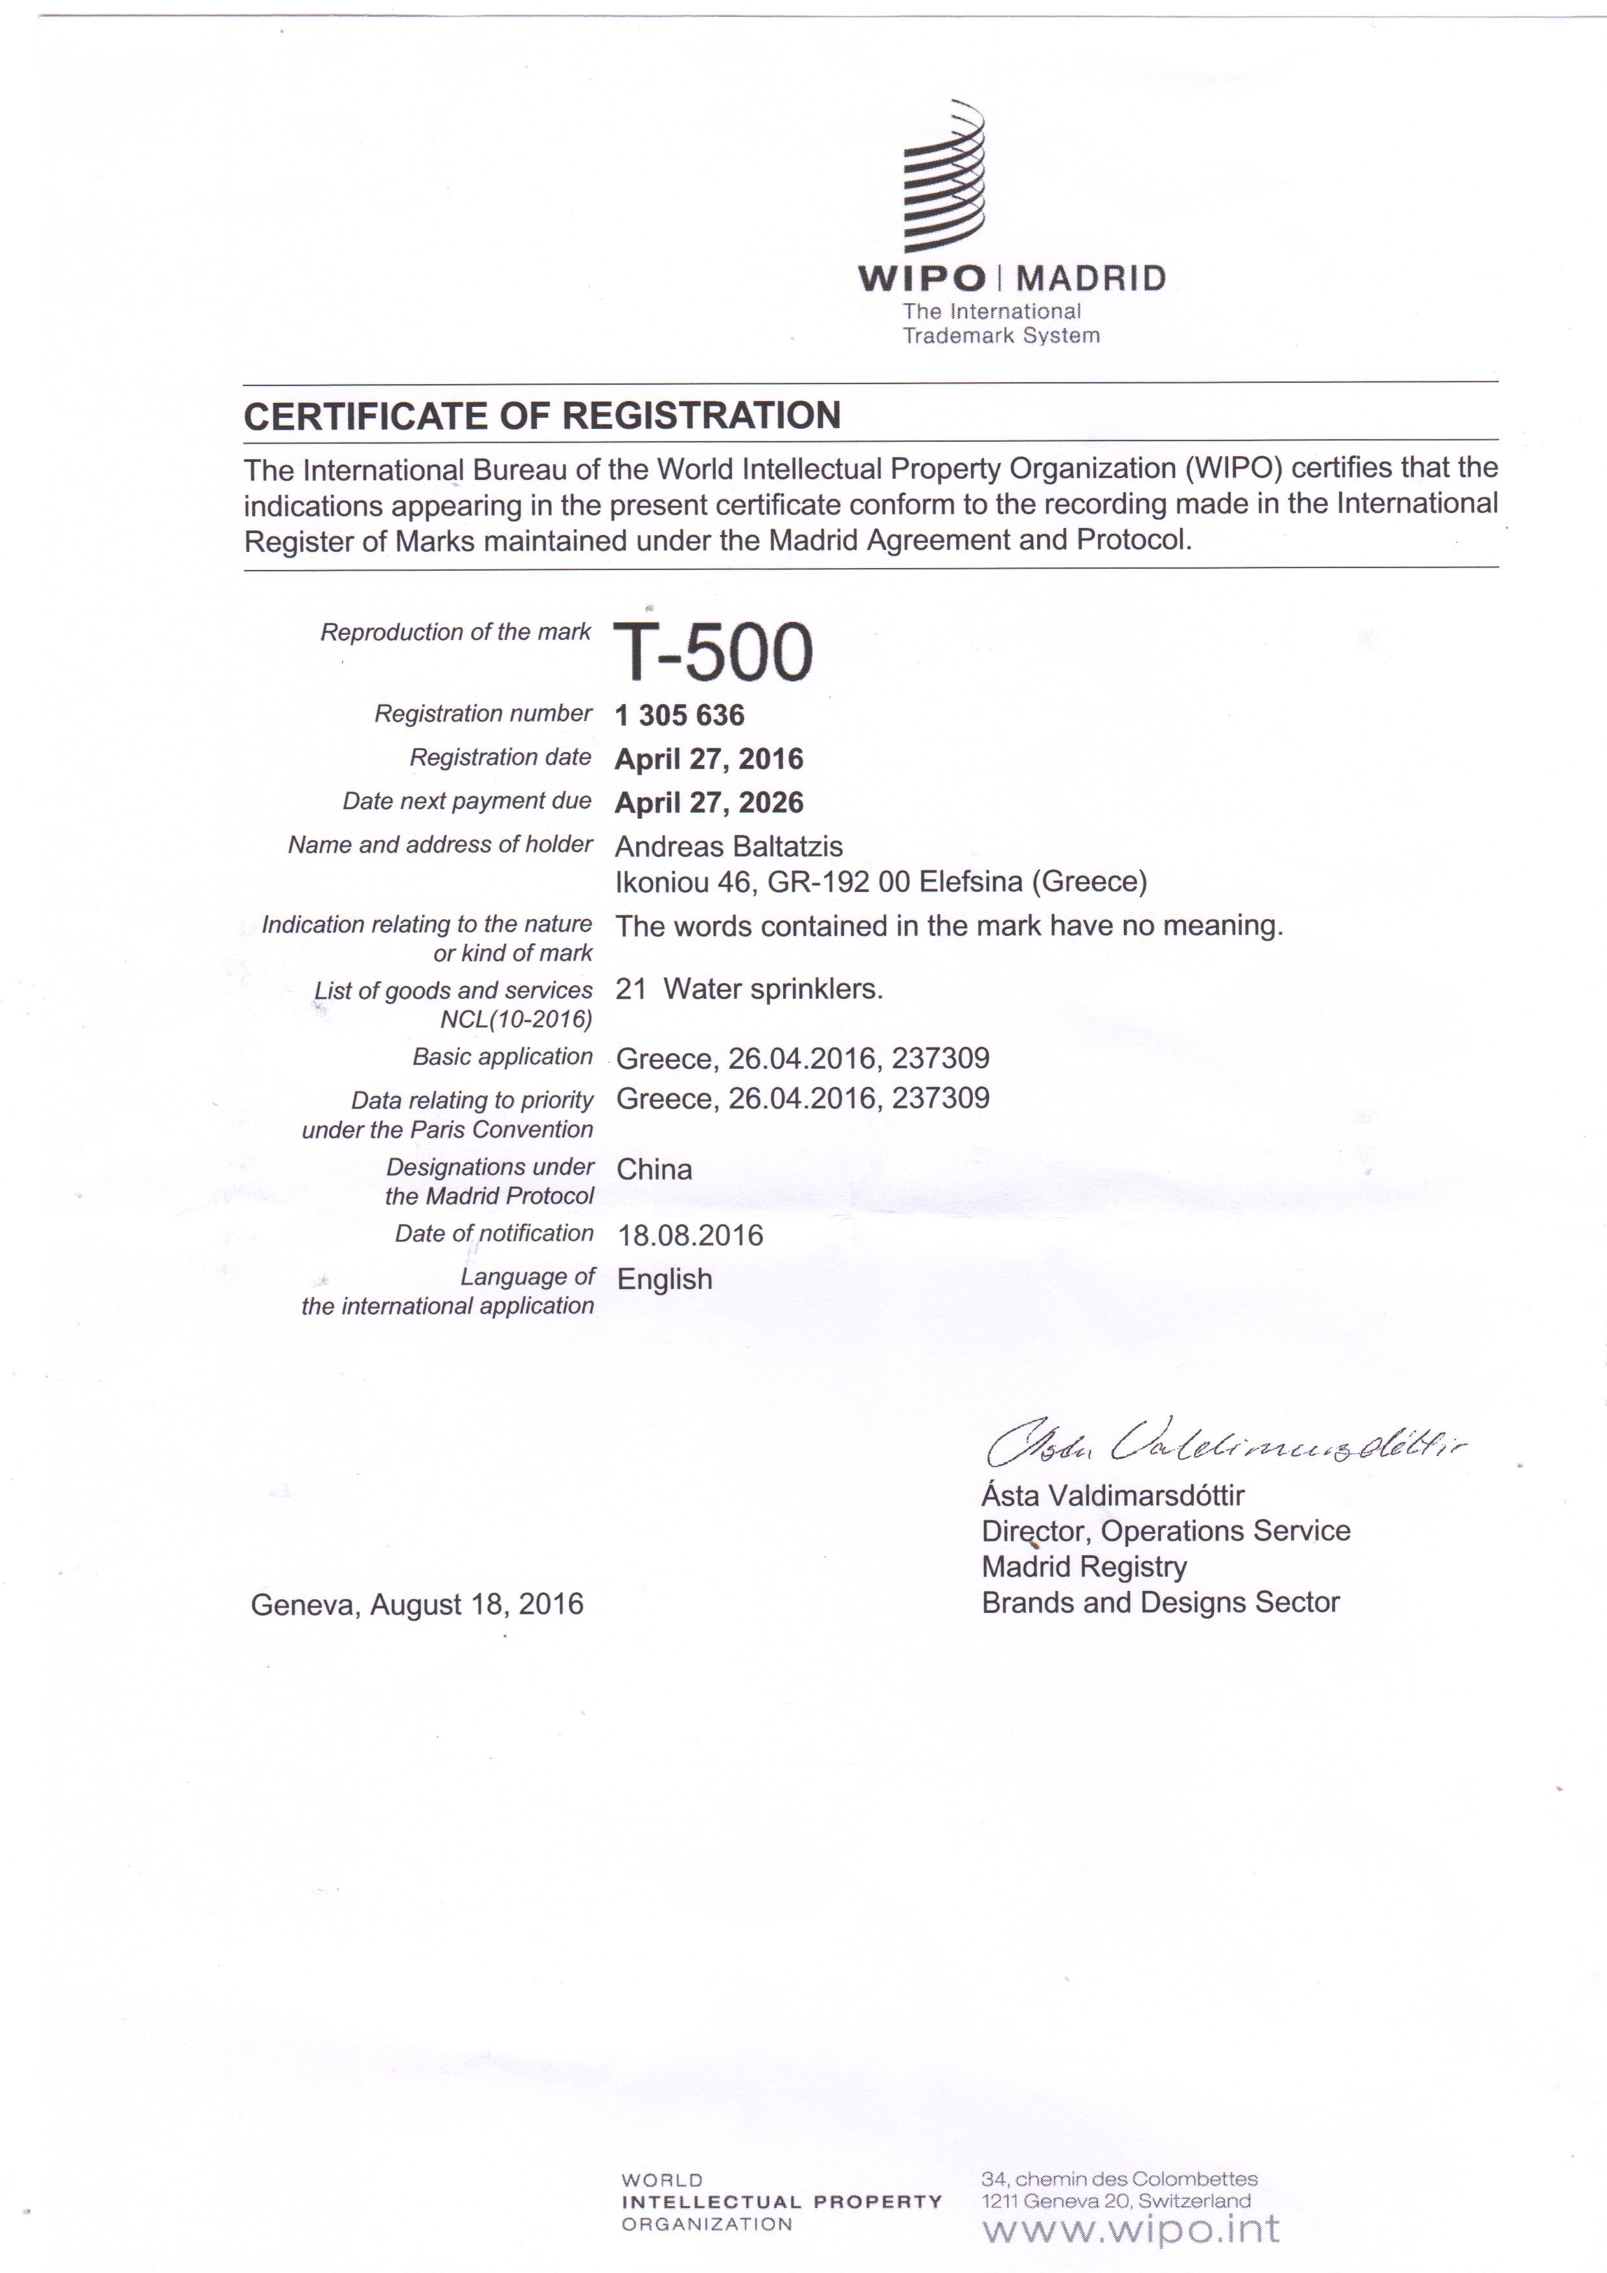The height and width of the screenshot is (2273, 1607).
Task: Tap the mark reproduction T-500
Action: coord(713,652)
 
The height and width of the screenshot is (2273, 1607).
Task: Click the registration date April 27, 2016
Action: coord(709,759)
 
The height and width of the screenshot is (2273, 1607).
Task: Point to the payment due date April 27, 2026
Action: coord(709,803)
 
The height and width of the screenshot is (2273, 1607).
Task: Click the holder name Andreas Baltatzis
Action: coord(729,847)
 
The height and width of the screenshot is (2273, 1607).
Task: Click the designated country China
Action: coord(654,1169)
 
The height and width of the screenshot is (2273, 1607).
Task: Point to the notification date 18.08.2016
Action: coord(690,1235)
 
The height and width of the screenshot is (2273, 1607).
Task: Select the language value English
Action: coord(665,1279)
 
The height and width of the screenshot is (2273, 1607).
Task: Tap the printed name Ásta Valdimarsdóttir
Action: coord(1113,1495)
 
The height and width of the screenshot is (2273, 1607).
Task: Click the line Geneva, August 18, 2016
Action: coord(417,1604)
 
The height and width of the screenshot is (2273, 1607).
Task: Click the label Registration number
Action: coord(482,714)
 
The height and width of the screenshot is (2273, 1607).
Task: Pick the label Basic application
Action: coord(502,1057)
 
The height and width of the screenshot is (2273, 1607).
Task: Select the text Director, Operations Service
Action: coord(1165,1531)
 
